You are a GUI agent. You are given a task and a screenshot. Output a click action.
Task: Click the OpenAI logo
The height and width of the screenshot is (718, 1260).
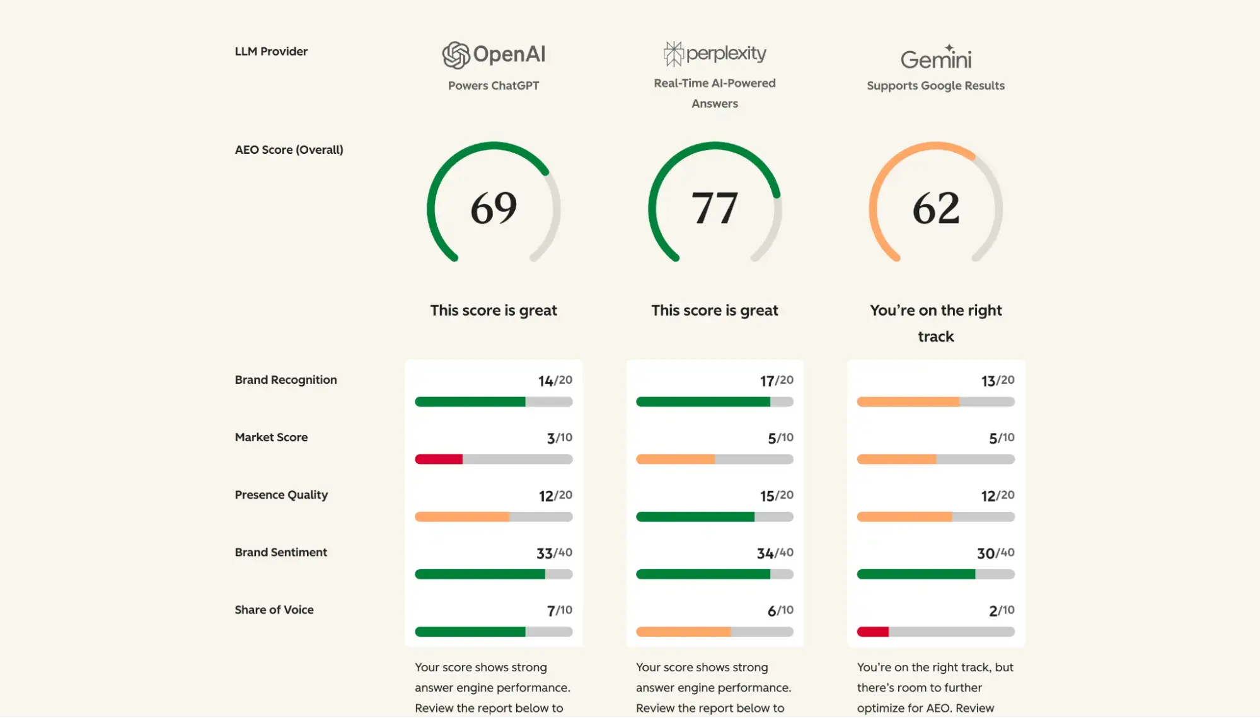click(494, 55)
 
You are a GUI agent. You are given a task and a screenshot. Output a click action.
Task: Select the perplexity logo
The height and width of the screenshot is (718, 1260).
click(715, 54)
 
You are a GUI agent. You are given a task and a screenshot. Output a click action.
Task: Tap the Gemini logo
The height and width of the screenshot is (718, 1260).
click(935, 57)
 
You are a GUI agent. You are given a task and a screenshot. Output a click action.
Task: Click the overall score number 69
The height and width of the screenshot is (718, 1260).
click(494, 207)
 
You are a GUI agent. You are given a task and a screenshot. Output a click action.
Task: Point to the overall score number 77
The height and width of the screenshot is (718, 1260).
click(714, 207)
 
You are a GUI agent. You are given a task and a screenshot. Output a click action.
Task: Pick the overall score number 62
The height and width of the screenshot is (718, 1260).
click(936, 207)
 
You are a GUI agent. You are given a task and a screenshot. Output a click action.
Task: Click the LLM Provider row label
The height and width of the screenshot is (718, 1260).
click(271, 52)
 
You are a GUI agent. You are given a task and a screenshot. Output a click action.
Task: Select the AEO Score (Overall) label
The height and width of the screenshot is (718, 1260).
click(289, 150)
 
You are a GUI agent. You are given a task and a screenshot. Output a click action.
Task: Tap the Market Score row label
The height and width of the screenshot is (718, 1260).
click(271, 437)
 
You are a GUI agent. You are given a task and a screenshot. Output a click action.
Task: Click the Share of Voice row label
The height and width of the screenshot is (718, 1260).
click(274, 610)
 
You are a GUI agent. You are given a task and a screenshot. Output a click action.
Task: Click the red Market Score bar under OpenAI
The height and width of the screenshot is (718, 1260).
click(439, 459)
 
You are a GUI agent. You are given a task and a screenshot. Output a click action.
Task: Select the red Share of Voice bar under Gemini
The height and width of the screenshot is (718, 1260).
click(872, 632)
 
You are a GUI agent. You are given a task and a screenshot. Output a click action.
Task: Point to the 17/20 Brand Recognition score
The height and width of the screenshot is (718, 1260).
click(776, 381)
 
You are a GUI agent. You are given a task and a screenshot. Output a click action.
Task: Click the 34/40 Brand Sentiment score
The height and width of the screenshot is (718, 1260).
click(775, 553)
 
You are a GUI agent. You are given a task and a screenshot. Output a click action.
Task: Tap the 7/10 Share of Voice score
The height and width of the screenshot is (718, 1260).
click(559, 610)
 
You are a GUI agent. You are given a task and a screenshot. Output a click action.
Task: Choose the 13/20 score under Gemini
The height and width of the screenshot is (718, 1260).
click(997, 381)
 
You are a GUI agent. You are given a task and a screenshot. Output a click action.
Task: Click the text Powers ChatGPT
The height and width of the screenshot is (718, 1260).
click(494, 86)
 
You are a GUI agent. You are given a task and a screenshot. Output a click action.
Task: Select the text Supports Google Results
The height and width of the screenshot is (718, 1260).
click(935, 86)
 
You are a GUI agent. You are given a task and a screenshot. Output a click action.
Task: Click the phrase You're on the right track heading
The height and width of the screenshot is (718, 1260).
click(935, 323)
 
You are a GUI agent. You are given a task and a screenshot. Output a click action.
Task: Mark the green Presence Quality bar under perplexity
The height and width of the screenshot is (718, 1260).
click(695, 517)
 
